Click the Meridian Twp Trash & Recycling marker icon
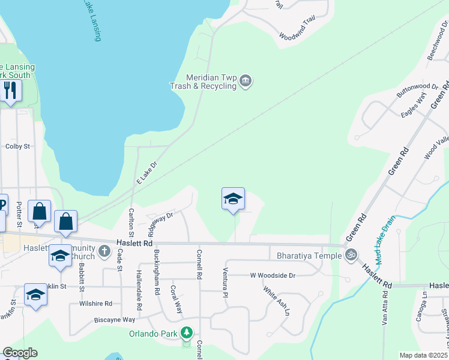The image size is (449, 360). [245, 81]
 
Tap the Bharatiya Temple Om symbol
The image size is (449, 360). [351, 255]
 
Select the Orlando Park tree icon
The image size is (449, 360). [187, 332]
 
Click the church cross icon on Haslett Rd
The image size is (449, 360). [104, 251]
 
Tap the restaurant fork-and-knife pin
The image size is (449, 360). [10, 91]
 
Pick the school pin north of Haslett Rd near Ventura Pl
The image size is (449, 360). [233, 199]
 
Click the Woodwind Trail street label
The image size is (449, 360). [297, 29]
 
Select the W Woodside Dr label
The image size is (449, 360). [273, 275]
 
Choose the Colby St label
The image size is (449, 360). [17, 146]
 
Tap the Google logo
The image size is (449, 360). [20, 353]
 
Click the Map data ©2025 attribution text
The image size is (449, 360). [424, 355]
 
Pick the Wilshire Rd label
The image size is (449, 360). [95, 304]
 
